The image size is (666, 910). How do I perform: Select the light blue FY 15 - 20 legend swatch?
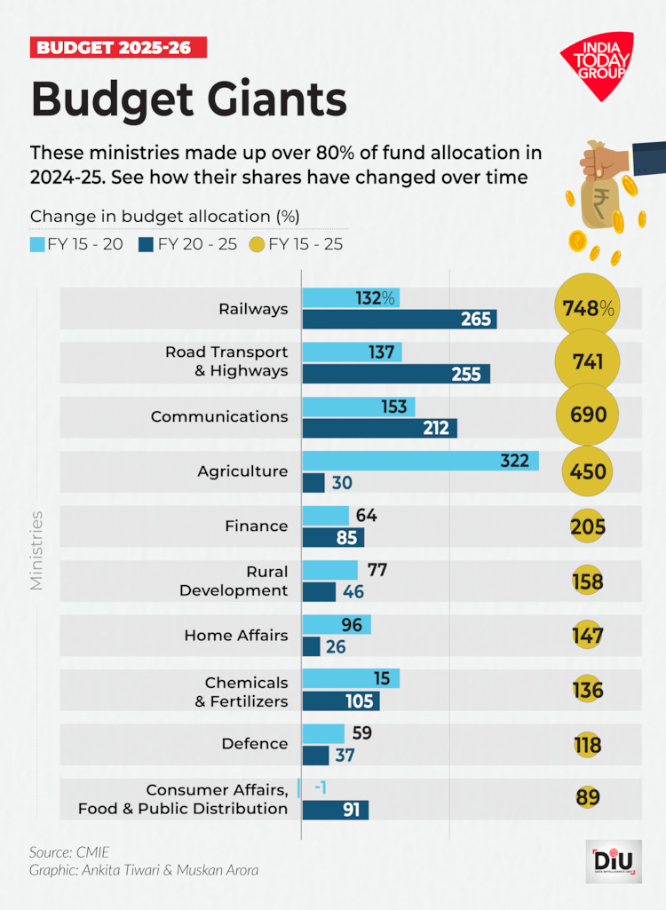point(37,242)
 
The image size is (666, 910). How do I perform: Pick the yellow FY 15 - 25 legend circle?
point(258,242)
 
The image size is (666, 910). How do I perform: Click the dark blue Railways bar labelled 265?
point(399,319)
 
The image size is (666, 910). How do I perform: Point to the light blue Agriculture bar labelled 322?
point(420,461)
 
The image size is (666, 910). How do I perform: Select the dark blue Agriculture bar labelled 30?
point(313,482)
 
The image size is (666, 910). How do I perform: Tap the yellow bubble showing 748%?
point(588,308)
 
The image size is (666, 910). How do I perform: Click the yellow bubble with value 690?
point(588,415)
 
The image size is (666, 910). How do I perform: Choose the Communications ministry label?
point(219,416)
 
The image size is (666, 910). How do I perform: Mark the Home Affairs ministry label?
point(236,636)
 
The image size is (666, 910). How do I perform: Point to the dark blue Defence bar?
point(315,756)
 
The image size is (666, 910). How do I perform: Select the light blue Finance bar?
point(325,516)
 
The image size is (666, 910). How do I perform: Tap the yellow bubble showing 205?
point(588,527)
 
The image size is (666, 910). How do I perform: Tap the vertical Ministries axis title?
point(37,550)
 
